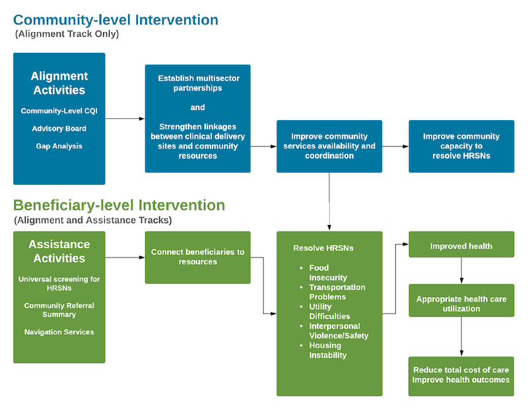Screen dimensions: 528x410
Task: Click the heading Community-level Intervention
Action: [x=115, y=20]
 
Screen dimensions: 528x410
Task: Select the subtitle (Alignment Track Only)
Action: [x=67, y=34]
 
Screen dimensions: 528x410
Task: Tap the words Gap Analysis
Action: [x=59, y=146]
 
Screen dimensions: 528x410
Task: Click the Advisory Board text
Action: [x=59, y=129]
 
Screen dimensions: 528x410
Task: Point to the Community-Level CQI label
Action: [x=59, y=111]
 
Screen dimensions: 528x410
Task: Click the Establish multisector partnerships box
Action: [x=197, y=119]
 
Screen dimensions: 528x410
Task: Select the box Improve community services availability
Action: [x=329, y=146]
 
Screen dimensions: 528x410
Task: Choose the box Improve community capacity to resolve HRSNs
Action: [x=461, y=146]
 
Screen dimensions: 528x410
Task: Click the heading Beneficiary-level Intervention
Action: [x=119, y=205]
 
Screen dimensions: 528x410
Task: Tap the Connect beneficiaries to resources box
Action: [x=197, y=257]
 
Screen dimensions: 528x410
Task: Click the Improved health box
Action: [x=461, y=244]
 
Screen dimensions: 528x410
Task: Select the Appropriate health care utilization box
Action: [x=461, y=300]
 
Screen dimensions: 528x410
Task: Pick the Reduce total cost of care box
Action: [x=461, y=376]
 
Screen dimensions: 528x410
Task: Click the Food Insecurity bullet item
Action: [x=323, y=273]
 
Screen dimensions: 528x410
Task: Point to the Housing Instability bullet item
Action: [x=323, y=351]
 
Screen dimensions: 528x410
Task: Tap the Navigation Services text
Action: [x=59, y=332]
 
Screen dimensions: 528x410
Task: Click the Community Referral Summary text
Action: [x=59, y=310]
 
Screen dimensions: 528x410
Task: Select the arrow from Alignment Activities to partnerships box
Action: [x=125, y=119]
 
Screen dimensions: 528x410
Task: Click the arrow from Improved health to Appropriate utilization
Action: [x=461, y=271]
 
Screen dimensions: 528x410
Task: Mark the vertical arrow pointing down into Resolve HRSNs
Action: [x=329, y=202]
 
